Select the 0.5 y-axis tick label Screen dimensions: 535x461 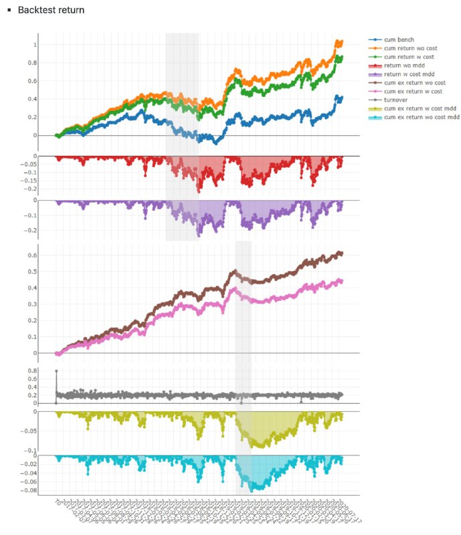tap(45, 272)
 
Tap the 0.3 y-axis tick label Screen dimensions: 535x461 tap(45, 304)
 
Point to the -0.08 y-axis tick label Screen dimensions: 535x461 tap(42, 491)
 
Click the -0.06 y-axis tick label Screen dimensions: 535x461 tap(42, 481)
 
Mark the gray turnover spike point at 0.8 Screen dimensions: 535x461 tap(56, 370)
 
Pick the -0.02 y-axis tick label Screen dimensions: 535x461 tap(42, 463)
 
